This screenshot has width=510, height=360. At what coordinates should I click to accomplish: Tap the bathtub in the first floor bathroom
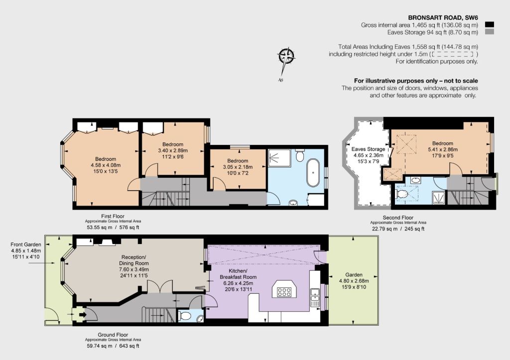click(x=313, y=172)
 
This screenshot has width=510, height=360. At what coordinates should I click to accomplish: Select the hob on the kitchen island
click(x=284, y=292)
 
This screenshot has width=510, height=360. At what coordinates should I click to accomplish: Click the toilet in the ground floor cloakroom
click(x=185, y=316)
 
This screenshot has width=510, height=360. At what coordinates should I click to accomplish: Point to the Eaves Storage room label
click(x=368, y=149)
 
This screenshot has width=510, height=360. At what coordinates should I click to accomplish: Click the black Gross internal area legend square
click(x=489, y=25)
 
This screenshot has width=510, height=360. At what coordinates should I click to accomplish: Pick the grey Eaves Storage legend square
click(x=489, y=32)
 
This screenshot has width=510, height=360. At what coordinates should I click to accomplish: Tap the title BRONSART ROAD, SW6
click(x=443, y=18)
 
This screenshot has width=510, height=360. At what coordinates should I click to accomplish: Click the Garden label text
click(x=354, y=275)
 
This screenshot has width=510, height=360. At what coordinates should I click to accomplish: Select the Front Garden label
click(x=26, y=244)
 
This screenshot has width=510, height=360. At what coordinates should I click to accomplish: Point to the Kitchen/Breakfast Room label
click(x=238, y=274)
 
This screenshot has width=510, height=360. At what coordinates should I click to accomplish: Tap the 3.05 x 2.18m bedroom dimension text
click(x=238, y=167)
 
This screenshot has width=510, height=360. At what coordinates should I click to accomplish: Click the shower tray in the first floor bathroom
click(x=279, y=158)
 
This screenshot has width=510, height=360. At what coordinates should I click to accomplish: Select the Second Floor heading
click(x=398, y=218)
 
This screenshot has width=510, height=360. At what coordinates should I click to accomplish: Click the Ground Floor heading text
click(x=113, y=335)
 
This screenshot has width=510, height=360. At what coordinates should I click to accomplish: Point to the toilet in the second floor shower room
click(x=402, y=194)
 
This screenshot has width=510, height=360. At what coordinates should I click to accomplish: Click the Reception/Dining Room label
click(x=133, y=260)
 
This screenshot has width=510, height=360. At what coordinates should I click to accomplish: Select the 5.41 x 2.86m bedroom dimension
click(x=443, y=149)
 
